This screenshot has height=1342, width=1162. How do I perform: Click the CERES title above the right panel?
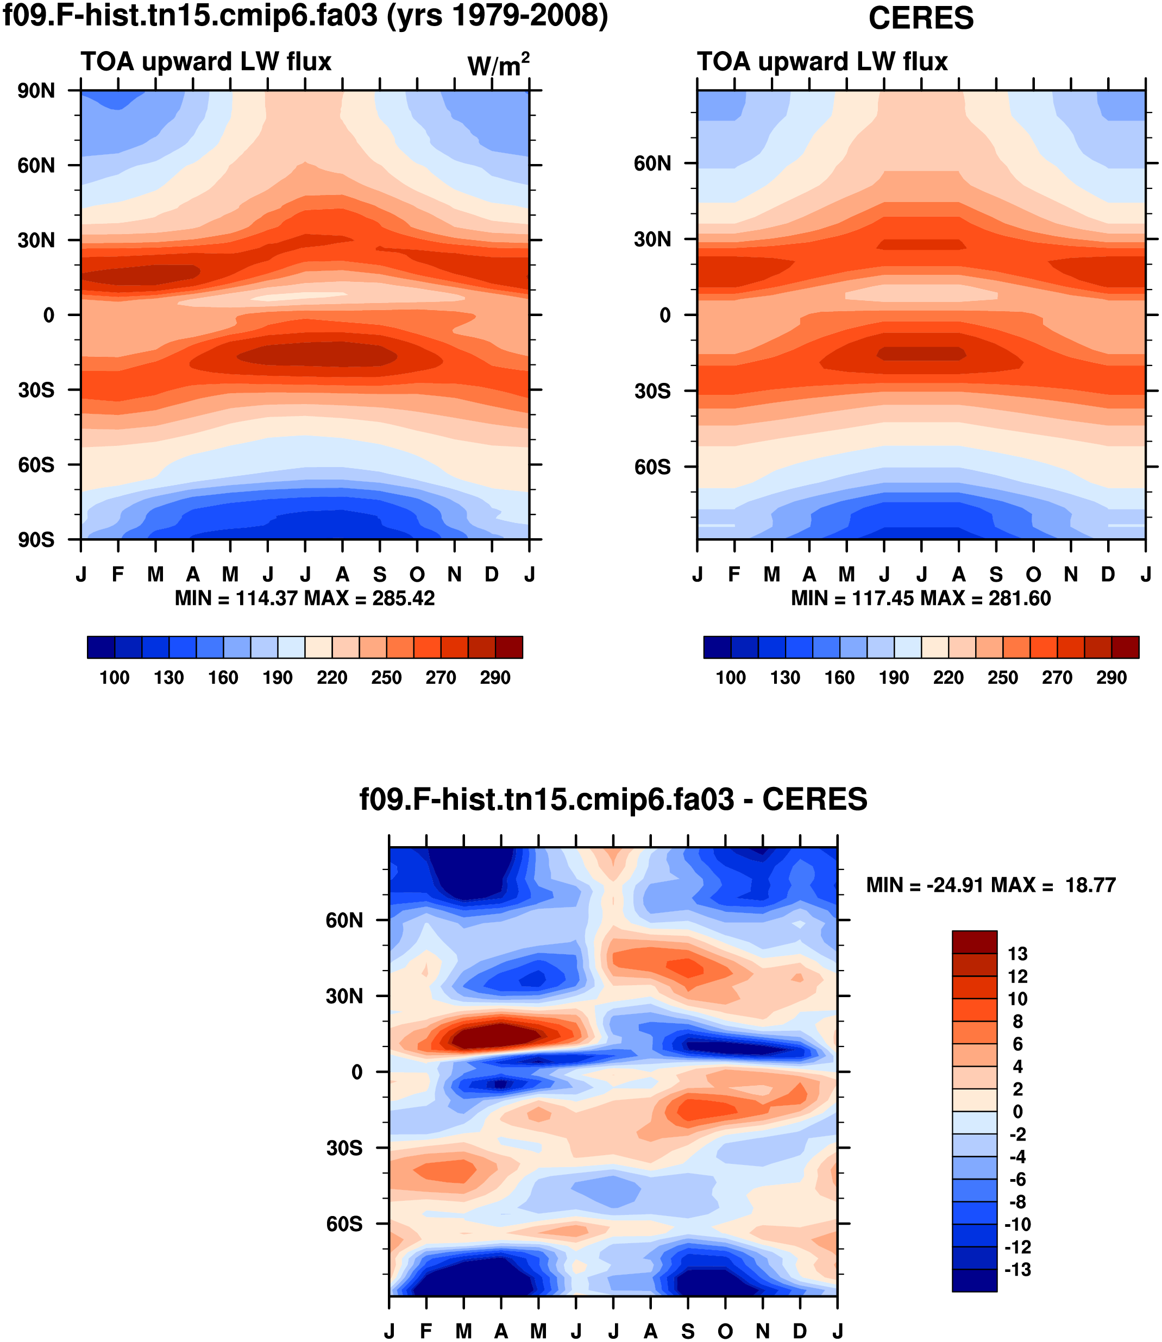point(921,18)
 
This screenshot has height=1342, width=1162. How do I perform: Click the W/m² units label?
point(498,65)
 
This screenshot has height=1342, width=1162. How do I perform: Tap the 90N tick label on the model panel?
point(36,91)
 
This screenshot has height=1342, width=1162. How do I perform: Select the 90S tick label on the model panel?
point(36,539)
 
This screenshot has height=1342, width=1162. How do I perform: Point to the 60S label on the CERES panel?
point(652,467)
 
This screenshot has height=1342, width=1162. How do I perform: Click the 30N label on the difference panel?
point(344,996)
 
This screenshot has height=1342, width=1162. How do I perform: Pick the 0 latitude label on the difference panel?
point(357,1072)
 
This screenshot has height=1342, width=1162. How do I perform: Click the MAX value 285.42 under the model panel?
point(403,598)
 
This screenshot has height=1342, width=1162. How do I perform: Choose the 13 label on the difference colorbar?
point(1017,954)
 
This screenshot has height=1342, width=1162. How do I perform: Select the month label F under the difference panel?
point(426,1331)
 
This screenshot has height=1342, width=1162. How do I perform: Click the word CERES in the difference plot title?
point(814,800)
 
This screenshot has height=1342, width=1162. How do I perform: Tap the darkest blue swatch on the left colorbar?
point(101,647)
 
